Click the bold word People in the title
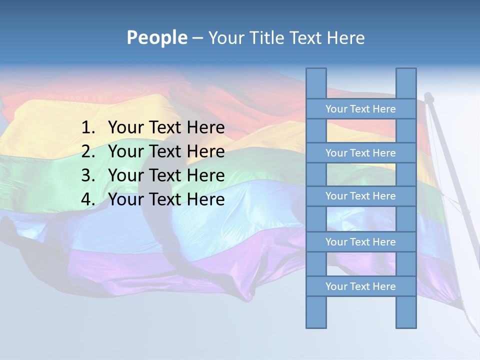156,37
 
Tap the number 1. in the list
88,128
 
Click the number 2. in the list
88,151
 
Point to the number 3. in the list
88,175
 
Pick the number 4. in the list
88,199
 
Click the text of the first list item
166,128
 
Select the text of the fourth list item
166,199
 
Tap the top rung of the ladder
360,109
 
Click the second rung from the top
360,153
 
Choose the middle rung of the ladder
360,196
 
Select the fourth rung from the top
360,242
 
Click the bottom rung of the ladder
360,286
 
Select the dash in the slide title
197,38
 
